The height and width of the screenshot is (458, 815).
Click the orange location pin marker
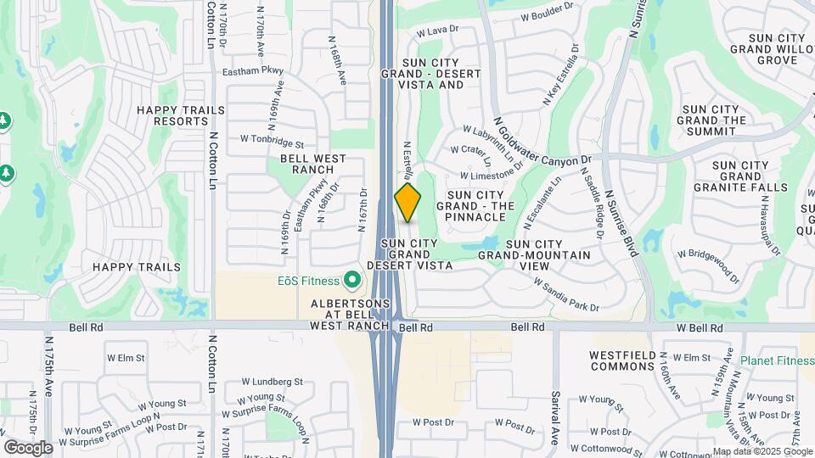[x=407, y=202]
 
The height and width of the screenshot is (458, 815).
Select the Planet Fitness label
[x=777, y=360]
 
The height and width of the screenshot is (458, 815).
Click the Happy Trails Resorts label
[x=181, y=115]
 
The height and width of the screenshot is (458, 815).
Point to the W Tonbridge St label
[x=272, y=137]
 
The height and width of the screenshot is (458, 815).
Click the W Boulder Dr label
[x=547, y=15]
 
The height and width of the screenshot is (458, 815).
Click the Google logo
[x=28, y=447]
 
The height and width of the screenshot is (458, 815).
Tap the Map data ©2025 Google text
[x=762, y=451]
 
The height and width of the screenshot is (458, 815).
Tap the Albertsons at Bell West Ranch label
[x=350, y=314]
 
